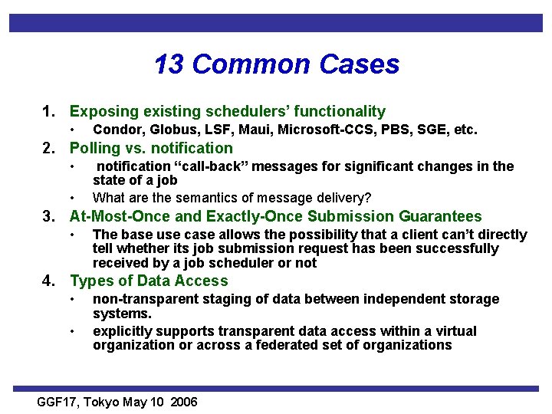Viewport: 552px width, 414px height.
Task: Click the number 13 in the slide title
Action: coord(169,64)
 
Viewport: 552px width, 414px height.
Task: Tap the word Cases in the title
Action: coord(360,64)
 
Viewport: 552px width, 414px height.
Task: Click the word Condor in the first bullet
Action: coord(114,130)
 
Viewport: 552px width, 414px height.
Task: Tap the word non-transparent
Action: coord(141,299)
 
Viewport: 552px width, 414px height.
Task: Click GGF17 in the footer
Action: coord(58,402)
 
